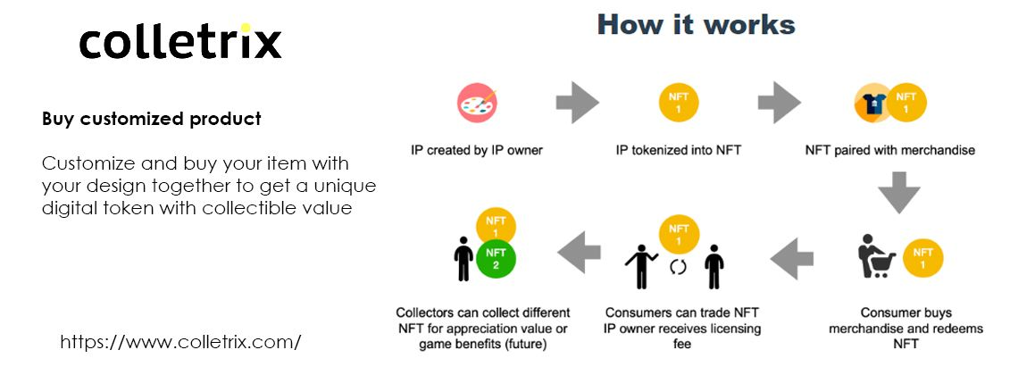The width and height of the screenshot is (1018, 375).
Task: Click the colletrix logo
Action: click(180, 42)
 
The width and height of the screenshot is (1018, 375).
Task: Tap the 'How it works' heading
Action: click(696, 25)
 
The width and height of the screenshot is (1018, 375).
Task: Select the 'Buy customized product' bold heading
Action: click(151, 119)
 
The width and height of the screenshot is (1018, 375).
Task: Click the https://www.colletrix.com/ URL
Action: click(180, 342)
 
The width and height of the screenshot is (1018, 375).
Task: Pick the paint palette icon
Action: click(477, 103)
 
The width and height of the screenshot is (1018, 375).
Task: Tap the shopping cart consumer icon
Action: click(877, 256)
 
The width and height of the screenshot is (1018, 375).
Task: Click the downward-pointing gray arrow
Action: click(899, 192)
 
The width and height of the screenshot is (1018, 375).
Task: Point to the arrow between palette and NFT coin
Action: click(577, 103)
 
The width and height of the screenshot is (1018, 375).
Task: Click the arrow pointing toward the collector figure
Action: click(580, 252)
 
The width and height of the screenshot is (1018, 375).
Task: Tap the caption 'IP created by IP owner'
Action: click(477, 151)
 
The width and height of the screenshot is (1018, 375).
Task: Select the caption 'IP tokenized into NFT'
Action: click(679, 151)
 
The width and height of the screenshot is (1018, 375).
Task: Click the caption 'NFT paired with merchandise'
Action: click(890, 151)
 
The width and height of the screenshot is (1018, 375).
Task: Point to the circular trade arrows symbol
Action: click(678, 267)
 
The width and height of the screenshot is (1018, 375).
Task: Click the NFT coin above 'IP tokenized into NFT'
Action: click(679, 103)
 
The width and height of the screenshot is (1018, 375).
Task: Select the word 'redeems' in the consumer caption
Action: click(954, 329)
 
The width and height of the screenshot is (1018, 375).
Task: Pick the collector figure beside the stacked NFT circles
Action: click(463, 258)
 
